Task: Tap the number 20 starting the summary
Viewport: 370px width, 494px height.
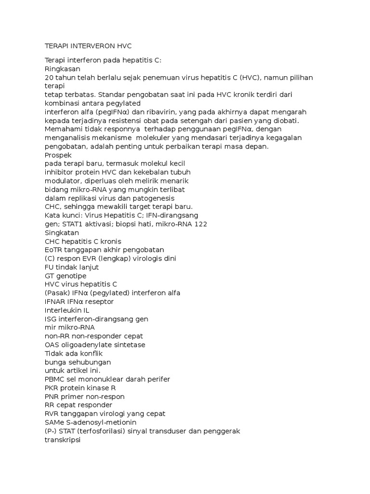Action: coord(49,77)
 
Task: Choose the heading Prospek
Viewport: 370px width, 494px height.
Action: coord(58,155)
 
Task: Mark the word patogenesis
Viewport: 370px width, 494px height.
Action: coord(154,198)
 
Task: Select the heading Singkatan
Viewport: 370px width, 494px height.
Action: coord(61,233)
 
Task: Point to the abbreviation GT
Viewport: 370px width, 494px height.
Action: coord(50,276)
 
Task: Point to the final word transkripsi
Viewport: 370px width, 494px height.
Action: coord(63,440)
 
